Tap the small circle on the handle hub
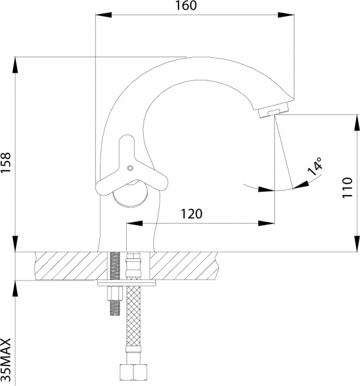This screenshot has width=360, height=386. (x=131, y=169)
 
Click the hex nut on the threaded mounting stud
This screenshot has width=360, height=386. (x=115, y=295)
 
